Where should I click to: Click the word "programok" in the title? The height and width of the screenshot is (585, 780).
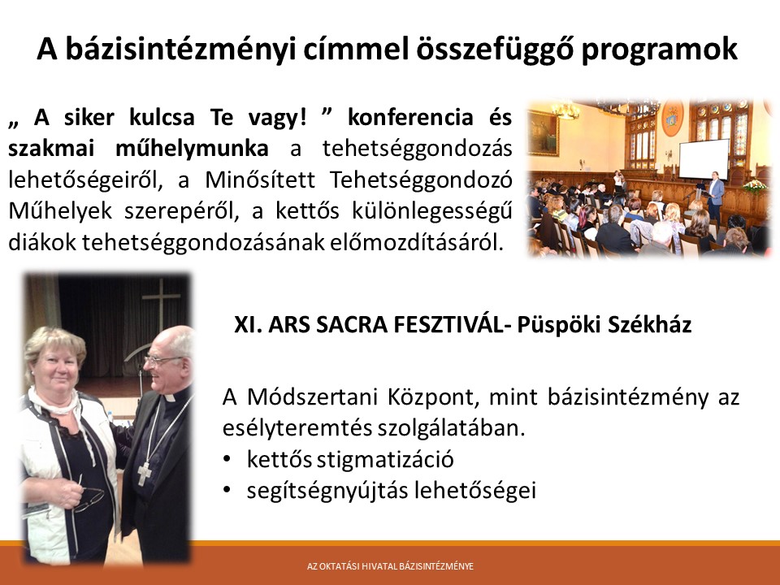659,50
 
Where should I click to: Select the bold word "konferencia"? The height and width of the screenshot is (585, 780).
409,117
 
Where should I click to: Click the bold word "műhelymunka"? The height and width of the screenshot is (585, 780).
192,148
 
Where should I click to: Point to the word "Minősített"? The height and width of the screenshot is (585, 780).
260,180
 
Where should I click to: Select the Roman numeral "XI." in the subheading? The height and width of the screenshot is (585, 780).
248,325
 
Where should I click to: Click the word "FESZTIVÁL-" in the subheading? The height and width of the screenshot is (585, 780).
452,325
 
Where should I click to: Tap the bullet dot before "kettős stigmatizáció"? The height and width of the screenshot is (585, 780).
227,458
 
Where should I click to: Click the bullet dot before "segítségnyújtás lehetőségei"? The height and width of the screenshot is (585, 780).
227,490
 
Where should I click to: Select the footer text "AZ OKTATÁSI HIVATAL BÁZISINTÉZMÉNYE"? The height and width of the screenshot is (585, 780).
390,566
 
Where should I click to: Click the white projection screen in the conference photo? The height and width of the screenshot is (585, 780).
704,158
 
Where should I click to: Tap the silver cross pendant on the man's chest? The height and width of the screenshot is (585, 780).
144,473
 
